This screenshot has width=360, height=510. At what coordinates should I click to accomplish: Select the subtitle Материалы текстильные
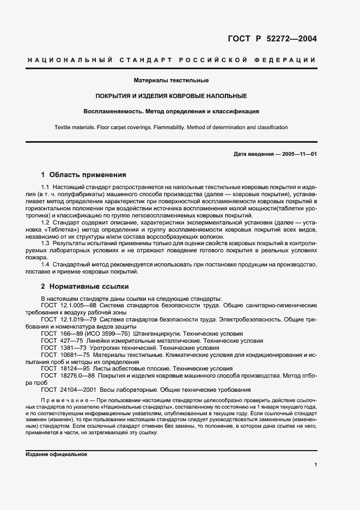tap(172, 81)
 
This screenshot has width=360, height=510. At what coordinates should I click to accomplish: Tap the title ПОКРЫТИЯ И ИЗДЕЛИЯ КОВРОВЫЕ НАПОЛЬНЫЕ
tap(172, 96)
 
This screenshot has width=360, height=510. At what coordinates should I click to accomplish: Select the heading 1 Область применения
tap(84, 175)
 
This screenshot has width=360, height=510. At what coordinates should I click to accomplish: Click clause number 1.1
tap(46, 187)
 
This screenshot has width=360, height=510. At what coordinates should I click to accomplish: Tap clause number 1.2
tap(46, 222)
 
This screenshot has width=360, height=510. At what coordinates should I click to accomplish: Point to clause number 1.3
tap(46, 244)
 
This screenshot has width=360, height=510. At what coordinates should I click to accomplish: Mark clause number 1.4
tap(46, 264)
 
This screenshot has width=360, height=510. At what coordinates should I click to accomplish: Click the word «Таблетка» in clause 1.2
tap(63, 229)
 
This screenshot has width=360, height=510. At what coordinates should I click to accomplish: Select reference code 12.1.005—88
tap(78, 306)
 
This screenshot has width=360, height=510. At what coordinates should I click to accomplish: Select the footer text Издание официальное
tap(57, 454)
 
